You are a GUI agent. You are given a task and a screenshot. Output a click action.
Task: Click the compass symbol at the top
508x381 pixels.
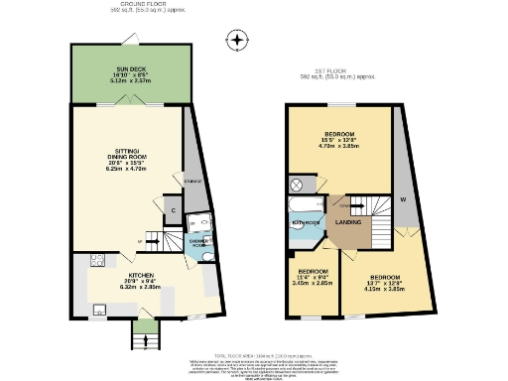(x=236, y=41)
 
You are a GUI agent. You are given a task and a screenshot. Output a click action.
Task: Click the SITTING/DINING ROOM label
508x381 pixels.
(x=126, y=159)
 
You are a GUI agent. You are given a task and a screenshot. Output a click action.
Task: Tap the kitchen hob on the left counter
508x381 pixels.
(x=96, y=262)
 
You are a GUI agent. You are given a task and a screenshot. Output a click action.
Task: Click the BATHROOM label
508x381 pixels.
(x=305, y=223)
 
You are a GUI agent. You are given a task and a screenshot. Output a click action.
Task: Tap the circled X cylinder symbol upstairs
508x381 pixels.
(x=295, y=186)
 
